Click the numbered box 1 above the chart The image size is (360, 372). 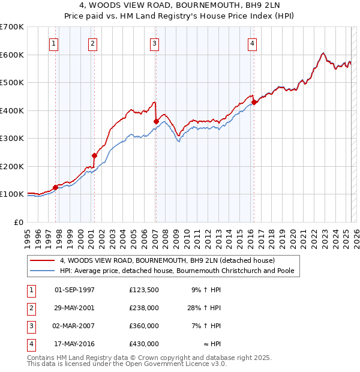[x=54, y=43]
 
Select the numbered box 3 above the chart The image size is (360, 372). [x=154, y=43]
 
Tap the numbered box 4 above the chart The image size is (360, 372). [x=253, y=43]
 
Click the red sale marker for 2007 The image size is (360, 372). [x=156, y=121]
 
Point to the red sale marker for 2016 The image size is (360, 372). [x=254, y=102]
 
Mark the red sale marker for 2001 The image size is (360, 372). [x=94, y=155]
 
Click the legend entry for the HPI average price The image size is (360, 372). [x=176, y=271]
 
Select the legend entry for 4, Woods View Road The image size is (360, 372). [x=167, y=260]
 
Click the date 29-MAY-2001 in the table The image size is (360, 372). [x=74, y=308]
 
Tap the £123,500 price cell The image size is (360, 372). [x=143, y=290]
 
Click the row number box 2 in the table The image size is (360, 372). [x=30, y=308]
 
